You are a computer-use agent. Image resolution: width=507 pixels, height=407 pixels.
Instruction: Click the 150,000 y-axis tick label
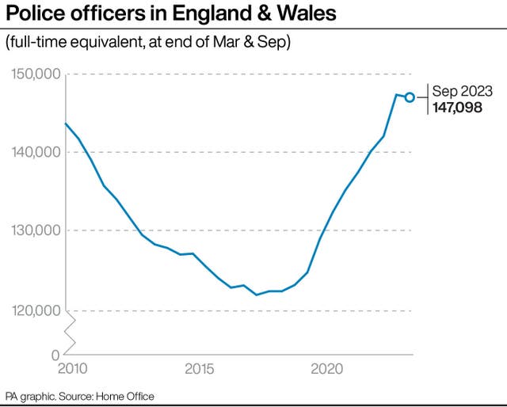point(36,74)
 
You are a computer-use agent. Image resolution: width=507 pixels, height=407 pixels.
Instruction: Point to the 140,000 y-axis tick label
point(36,152)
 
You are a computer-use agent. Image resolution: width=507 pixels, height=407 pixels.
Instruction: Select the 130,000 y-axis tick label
point(36,230)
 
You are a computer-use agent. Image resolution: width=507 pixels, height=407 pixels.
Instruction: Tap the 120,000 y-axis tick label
point(36,310)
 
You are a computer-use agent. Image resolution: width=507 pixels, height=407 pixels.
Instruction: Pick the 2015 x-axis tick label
point(198,370)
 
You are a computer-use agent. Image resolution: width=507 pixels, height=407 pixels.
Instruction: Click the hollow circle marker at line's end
point(410,97)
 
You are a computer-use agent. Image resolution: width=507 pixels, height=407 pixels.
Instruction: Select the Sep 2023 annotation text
point(463,91)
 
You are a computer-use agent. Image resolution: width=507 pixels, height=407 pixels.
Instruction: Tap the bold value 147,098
point(457,108)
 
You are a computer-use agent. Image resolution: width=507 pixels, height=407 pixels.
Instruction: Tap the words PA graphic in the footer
point(27,396)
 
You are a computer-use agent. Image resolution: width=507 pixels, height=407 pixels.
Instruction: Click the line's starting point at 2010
point(66,123)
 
